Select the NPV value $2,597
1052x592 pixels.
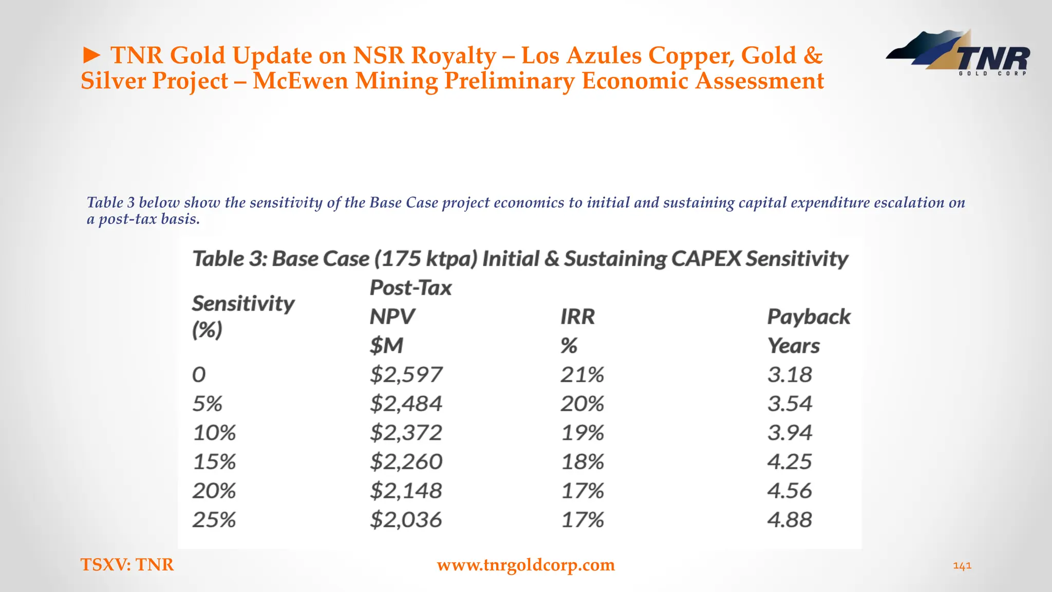pyautogui.click(x=406, y=375)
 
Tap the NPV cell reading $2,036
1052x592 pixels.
pyautogui.click(x=406, y=520)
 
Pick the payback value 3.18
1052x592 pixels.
pyautogui.click(x=790, y=375)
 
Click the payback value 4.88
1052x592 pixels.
pyautogui.click(x=790, y=520)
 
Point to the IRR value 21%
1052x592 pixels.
pyautogui.click(x=582, y=375)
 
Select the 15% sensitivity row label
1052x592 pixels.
pyautogui.click(x=214, y=462)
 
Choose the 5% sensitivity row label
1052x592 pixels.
pyautogui.click(x=208, y=404)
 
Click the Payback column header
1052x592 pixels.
pyautogui.click(x=809, y=317)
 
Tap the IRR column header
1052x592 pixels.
pyautogui.click(x=577, y=317)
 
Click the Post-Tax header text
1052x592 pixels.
pyautogui.click(x=410, y=288)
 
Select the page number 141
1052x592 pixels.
pyautogui.click(x=962, y=566)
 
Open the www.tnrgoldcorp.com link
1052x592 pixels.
pyautogui.click(x=525, y=565)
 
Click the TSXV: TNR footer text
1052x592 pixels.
pyautogui.click(x=127, y=565)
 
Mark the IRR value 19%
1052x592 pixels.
pyautogui.click(x=582, y=433)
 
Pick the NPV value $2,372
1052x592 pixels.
pyautogui.click(x=406, y=433)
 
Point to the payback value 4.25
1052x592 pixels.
pyautogui.click(x=790, y=462)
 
